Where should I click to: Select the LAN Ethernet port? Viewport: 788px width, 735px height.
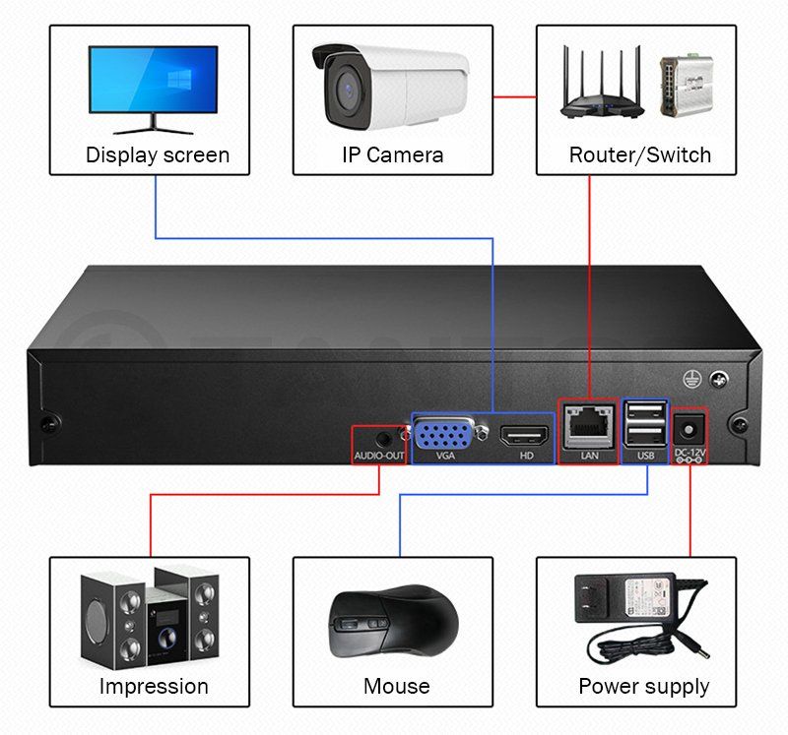pos(589,425)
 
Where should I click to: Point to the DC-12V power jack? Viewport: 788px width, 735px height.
pos(691,429)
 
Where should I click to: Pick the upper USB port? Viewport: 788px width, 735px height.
pos(644,411)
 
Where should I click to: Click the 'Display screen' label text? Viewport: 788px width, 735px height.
pos(158,155)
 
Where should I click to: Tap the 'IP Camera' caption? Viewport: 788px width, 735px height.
pos(392,155)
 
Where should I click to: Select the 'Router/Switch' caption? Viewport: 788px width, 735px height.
pos(639,155)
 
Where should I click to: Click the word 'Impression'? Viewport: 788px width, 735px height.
pos(154,686)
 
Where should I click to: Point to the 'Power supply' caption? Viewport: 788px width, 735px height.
pos(643,686)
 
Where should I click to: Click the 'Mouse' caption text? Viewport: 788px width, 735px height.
pos(397,686)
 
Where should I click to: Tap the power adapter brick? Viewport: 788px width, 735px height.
pos(624,599)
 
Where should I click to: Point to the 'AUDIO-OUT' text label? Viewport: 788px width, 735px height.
pos(380,456)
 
